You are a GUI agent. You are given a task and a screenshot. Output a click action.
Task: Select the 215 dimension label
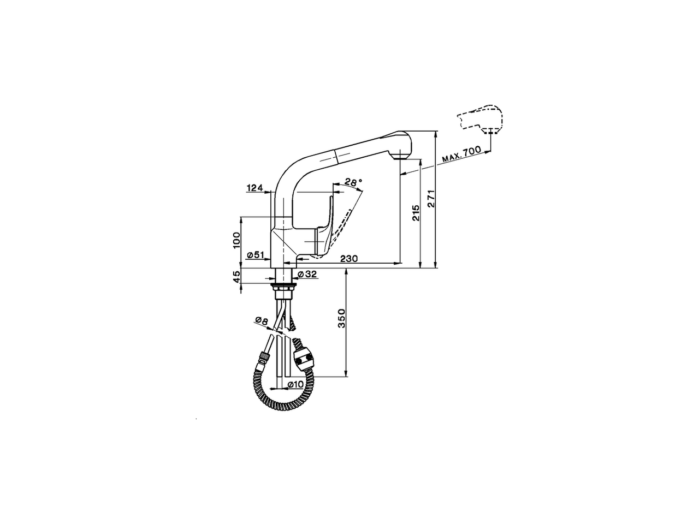tap(416, 212)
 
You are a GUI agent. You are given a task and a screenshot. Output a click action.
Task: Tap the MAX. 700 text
tap(461, 155)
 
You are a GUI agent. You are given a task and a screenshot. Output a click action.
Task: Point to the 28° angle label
tap(353, 182)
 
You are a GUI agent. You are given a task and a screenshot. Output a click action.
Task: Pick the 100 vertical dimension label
tap(236, 240)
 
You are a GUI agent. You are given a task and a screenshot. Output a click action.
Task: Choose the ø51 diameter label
tap(256, 255)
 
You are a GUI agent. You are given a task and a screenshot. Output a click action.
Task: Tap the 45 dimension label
tap(236, 277)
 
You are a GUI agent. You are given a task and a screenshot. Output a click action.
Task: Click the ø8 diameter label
tap(260, 321)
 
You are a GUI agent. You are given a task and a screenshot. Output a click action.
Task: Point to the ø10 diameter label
tap(295, 384)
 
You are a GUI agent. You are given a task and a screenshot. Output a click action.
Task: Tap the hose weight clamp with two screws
tap(304, 360)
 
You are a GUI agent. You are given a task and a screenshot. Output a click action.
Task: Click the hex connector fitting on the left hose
tap(264, 358)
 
